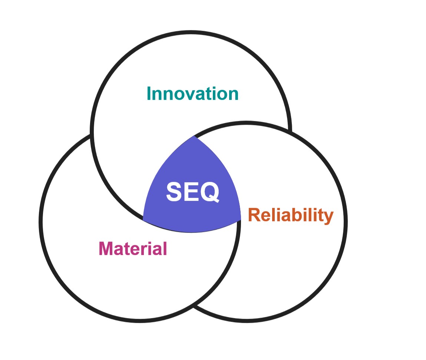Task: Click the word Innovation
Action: click(x=192, y=94)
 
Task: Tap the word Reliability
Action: click(x=290, y=215)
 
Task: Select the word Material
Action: click(x=133, y=248)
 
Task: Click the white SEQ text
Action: click(x=192, y=192)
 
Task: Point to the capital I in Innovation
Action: click(x=149, y=94)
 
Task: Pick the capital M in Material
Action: click(x=106, y=248)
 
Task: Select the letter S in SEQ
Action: click(x=174, y=192)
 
